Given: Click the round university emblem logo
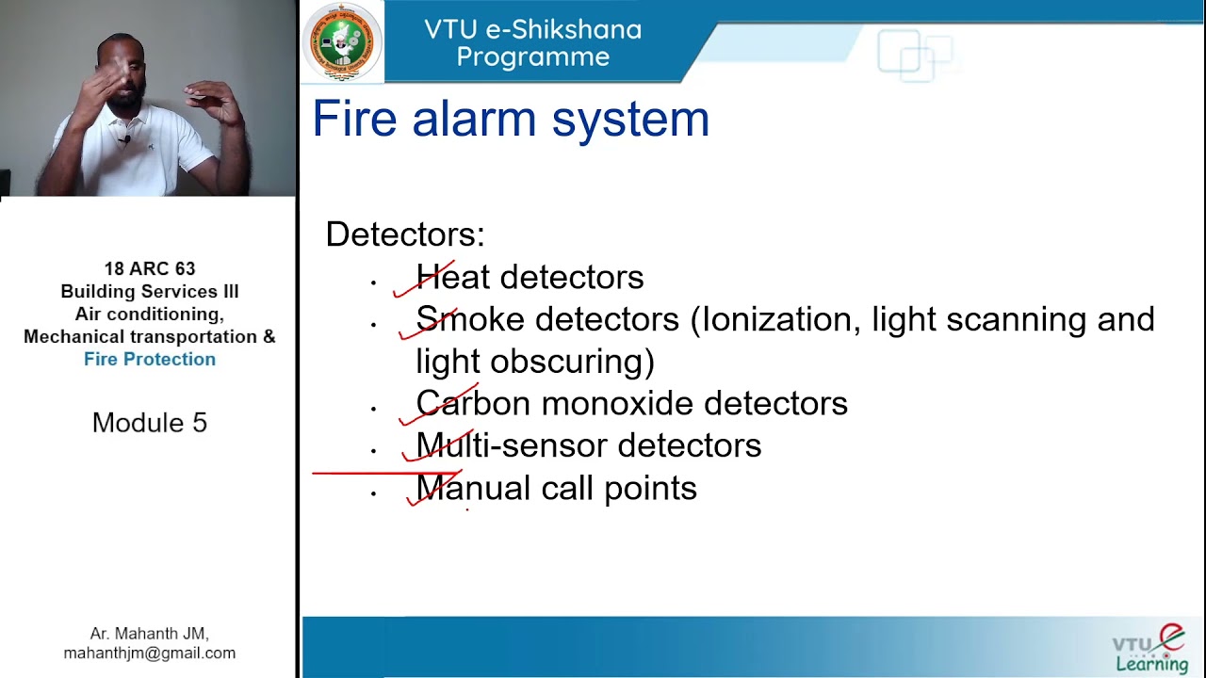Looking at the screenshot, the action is click(x=342, y=42).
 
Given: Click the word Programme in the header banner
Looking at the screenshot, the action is click(x=533, y=56).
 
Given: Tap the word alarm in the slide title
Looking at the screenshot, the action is click(x=474, y=119).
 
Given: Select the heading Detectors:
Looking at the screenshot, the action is click(x=405, y=234).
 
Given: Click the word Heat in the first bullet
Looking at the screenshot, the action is click(x=453, y=277).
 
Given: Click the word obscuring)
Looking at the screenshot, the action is click(x=573, y=362).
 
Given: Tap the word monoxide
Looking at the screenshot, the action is click(x=617, y=404).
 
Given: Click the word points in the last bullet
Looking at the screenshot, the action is click(x=650, y=489).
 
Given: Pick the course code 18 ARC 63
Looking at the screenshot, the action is click(x=150, y=268).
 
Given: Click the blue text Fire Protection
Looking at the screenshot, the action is click(x=150, y=359).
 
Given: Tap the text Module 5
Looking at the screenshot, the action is click(x=150, y=423).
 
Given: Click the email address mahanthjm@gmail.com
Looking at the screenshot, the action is click(x=150, y=654).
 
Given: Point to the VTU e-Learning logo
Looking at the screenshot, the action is click(x=1149, y=649).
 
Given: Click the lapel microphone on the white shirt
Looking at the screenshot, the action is click(x=125, y=141).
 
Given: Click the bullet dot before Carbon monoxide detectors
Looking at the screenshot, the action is click(x=373, y=409).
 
